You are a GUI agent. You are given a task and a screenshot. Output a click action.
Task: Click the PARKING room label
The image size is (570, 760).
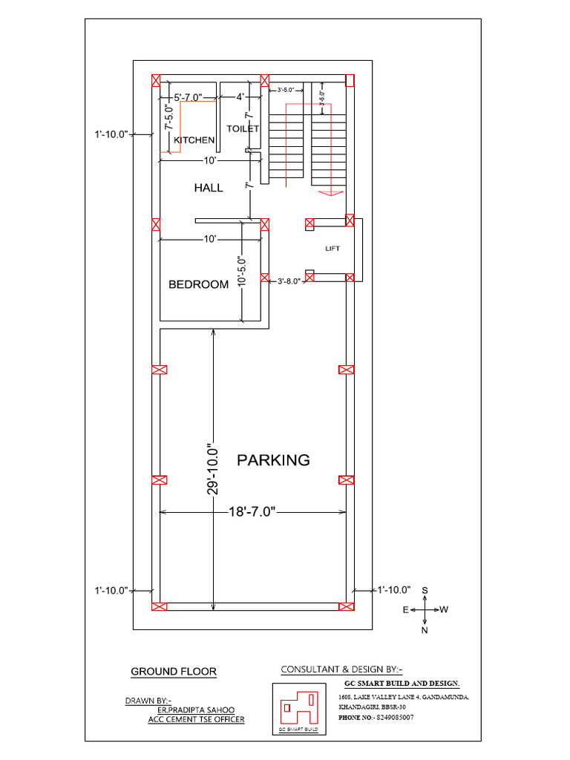[273, 460]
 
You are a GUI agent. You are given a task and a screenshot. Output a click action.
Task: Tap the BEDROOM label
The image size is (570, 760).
[198, 284]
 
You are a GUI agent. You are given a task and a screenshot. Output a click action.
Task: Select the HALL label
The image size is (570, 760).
[209, 189]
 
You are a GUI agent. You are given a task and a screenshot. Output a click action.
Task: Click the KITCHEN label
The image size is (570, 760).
[194, 140]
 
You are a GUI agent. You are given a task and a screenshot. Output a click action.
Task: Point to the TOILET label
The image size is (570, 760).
[243, 128]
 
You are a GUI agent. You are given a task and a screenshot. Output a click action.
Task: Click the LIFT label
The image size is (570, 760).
[332, 249]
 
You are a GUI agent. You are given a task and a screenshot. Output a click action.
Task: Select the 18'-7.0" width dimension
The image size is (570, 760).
[252, 511]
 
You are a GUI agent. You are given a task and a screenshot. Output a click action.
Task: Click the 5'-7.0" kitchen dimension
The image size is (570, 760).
[189, 97]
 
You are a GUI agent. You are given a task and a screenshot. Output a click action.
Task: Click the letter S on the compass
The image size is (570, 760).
[425, 590]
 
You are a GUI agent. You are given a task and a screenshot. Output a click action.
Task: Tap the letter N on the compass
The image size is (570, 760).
[425, 630]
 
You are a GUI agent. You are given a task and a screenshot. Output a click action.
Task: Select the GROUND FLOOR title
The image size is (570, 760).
[174, 672]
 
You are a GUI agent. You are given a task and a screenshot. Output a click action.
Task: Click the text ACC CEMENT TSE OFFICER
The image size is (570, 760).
[196, 719]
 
